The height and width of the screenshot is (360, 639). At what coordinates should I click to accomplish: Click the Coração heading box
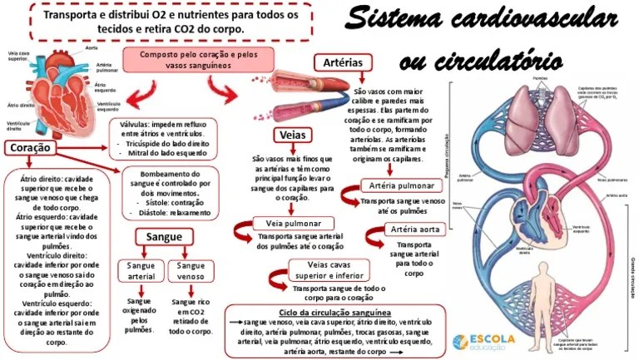pos(28,148)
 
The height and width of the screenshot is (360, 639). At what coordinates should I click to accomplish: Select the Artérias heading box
pos(342,62)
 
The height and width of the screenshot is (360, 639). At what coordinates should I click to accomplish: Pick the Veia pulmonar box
pos(289,224)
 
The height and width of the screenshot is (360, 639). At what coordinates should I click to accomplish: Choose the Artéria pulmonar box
pos(397,185)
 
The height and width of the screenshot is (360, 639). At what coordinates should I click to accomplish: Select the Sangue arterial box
pos(141,271)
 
